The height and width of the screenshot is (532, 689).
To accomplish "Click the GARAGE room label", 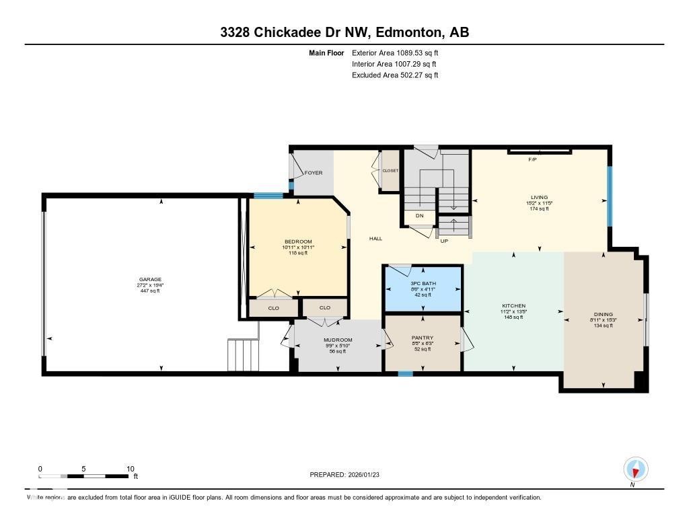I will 150,279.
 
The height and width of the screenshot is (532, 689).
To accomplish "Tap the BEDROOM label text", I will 298,241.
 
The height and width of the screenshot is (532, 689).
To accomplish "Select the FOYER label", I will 314,173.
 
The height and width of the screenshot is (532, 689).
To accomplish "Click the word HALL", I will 375,239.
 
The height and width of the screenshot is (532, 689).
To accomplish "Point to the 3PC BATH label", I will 423,284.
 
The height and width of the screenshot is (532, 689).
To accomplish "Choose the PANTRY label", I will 423,338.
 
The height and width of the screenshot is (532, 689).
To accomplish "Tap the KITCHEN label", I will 513,306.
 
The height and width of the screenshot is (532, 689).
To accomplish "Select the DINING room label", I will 603,314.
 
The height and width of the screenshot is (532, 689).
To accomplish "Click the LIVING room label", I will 539,197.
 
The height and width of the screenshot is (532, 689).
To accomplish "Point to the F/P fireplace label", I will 532,159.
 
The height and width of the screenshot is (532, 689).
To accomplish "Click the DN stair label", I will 419,216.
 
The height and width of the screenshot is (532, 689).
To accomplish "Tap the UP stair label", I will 444,240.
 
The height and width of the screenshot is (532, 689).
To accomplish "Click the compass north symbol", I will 635,469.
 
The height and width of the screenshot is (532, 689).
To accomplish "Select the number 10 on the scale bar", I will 130,469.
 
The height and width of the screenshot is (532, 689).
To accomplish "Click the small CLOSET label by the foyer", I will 390,171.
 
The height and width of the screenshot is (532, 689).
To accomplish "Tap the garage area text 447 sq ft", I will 150,291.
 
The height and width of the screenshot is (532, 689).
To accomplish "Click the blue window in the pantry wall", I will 405,373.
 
